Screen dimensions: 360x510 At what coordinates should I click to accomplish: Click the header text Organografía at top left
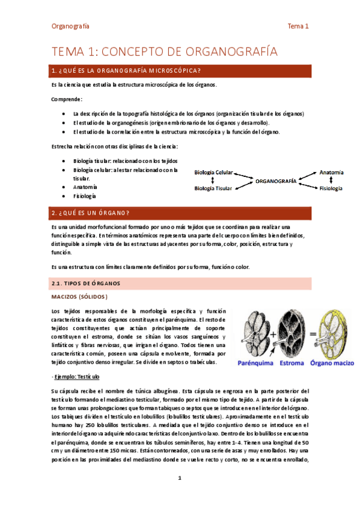[x=71, y=26]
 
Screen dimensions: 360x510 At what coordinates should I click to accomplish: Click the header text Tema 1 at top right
[x=298, y=26]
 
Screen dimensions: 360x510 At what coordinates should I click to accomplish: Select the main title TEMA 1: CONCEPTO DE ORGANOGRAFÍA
[x=165, y=52]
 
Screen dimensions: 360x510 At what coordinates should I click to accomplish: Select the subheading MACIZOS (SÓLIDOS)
[x=79, y=297]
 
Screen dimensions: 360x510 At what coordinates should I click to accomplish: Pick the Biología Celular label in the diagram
[x=213, y=173]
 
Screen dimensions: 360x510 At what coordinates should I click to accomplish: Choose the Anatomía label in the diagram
[x=331, y=173]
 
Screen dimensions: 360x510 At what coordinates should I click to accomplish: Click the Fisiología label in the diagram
[x=331, y=188]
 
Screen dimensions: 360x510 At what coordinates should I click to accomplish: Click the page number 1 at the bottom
[x=179, y=478]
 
